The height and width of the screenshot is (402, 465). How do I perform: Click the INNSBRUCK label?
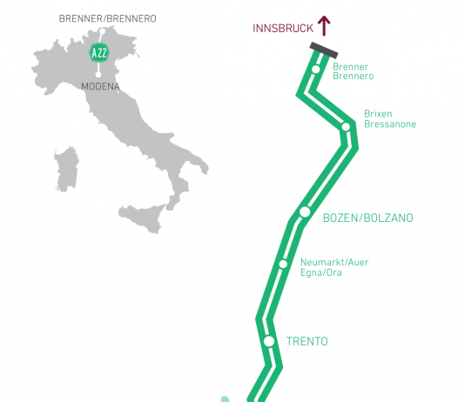point(283,29)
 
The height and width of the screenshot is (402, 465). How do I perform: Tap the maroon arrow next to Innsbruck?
point(324,26)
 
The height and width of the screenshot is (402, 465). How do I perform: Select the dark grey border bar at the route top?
point(324,50)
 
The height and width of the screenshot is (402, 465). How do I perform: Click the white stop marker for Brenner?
point(316,70)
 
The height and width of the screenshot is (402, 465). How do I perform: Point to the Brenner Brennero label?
point(353,71)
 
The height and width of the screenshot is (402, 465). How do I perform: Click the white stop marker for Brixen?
point(346,127)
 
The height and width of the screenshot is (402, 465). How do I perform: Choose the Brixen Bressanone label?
point(390,119)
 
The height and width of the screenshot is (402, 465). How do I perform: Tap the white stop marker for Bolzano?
point(305,211)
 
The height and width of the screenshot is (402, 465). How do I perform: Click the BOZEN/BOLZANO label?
point(367,218)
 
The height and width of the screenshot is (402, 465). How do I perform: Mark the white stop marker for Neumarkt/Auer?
point(283,264)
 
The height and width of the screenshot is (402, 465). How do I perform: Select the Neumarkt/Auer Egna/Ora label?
point(334,267)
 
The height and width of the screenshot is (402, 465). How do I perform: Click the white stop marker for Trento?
point(269,341)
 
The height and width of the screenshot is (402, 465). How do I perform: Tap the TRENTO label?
point(307,342)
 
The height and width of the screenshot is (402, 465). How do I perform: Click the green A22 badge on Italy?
point(99,53)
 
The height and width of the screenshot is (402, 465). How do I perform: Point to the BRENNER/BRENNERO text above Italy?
point(108,18)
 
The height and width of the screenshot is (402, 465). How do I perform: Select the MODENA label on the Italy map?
point(100,86)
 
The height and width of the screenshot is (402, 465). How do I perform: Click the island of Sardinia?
point(66,170)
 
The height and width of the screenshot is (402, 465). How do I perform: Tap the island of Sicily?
point(142,218)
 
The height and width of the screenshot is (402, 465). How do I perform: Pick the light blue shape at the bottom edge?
point(225,399)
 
